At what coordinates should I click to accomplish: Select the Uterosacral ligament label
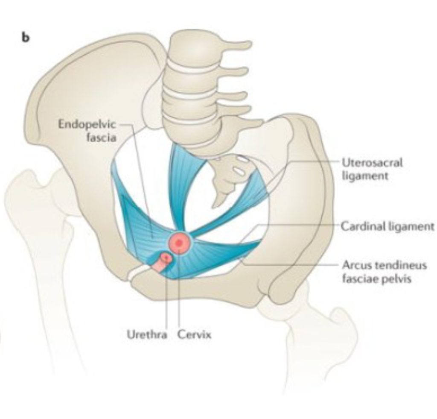coord(372,169)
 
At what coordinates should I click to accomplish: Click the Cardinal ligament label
coord(387,226)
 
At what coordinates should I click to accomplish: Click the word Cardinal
coord(361,226)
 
